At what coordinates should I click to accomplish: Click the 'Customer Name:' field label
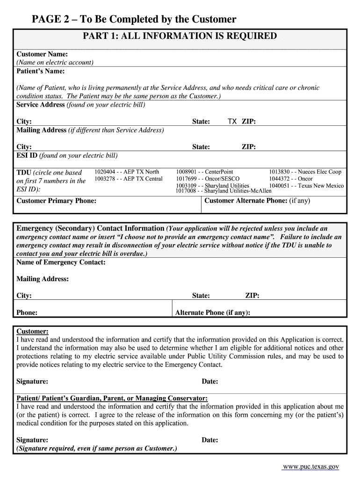42,54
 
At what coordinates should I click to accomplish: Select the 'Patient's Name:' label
40,71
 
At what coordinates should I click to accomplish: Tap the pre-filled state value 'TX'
232,122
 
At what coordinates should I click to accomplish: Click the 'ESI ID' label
27,155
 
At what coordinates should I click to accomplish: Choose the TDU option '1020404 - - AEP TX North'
127,172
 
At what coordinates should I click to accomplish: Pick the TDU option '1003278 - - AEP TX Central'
129,179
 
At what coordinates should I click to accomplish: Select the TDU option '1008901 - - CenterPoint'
204,172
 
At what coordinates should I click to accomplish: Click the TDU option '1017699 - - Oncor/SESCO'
208,179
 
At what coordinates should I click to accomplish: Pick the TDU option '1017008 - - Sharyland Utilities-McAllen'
223,191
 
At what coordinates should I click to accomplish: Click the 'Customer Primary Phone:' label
56,201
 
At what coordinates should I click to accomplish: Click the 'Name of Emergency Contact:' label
61,262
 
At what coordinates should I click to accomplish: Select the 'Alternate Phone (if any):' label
212,312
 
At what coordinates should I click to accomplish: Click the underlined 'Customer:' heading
32,331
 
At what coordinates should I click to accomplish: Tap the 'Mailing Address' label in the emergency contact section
43,279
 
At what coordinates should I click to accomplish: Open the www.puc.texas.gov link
310,466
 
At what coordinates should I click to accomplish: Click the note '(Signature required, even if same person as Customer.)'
97,448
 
